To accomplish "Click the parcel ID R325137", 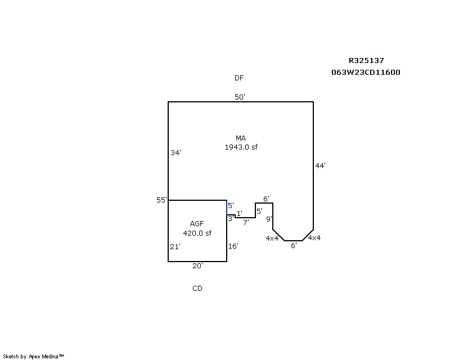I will [x=366, y=61].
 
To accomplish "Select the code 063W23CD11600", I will [x=366, y=73].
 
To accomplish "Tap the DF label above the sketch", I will [x=239, y=78].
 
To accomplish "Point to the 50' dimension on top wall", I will [x=240, y=97].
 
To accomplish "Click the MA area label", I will [x=241, y=138].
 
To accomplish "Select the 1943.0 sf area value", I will [x=241, y=147].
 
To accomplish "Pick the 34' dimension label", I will [x=175, y=152].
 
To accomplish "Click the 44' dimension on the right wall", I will [x=321, y=165].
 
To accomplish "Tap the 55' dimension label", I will [x=162, y=200].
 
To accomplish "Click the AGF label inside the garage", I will [x=197, y=224].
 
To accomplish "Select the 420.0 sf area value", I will [x=197, y=233].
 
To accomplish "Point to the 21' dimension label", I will [x=175, y=246].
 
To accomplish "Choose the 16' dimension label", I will [x=233, y=246].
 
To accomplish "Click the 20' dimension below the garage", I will [x=197, y=265].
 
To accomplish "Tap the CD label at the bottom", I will [x=197, y=289].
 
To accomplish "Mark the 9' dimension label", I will [x=269, y=219].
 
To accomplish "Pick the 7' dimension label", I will [x=245, y=222].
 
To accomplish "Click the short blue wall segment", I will [x=227, y=207].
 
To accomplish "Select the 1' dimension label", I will [x=239, y=214].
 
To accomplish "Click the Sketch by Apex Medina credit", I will [x=34, y=356].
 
